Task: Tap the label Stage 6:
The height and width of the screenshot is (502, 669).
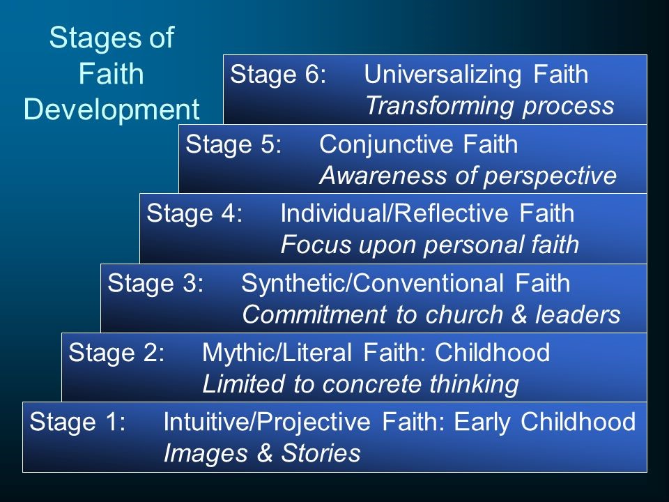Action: pos(278,75)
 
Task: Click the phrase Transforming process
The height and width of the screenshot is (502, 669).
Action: pos(489,105)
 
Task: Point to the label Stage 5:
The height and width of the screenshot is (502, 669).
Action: pos(233,145)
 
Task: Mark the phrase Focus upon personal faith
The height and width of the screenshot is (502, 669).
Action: pos(429,245)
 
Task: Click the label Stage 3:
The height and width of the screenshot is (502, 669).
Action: pos(155,284)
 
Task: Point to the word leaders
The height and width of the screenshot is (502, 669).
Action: pos(582,315)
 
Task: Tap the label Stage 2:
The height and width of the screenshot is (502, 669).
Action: pos(116,353)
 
